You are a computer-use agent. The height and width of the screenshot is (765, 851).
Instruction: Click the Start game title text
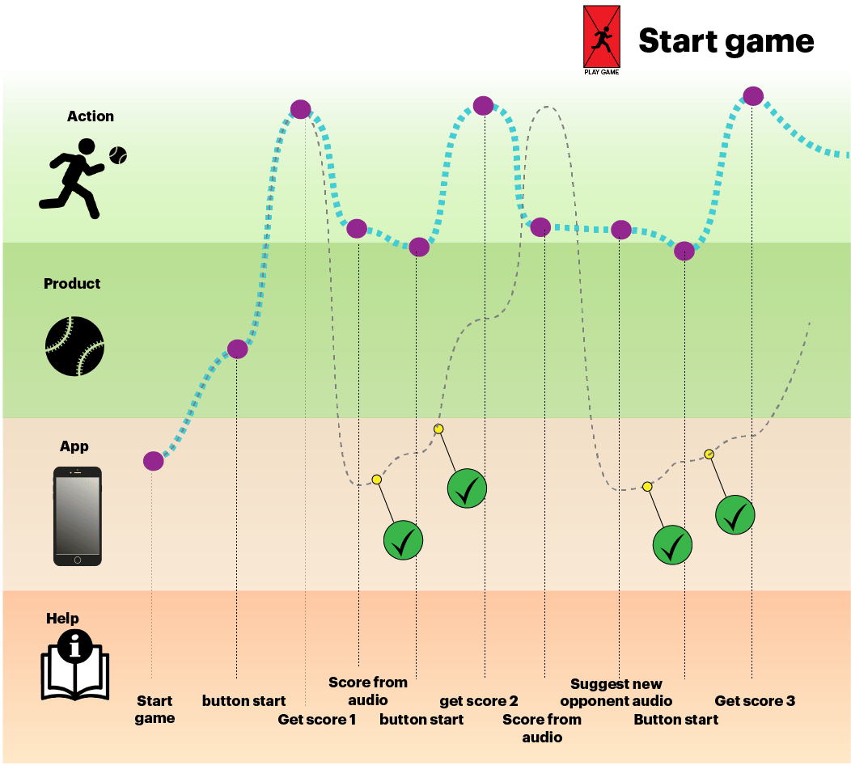[726, 40]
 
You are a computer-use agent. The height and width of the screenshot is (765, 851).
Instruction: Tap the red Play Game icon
[602, 37]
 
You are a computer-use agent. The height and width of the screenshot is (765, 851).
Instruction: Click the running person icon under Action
[72, 178]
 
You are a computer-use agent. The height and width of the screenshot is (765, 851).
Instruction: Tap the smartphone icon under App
[78, 516]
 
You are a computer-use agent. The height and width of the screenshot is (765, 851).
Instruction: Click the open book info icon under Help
[74, 661]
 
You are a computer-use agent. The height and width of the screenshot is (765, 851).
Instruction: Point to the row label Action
[91, 116]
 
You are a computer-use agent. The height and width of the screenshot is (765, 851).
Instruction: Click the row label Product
[72, 284]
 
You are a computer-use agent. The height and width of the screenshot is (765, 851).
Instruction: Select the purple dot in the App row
[153, 461]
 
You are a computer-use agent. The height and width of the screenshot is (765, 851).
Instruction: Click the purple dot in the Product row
[237, 349]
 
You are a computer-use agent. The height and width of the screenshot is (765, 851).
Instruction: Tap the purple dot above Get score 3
[753, 95]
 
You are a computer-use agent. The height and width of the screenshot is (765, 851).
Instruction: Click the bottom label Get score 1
[317, 720]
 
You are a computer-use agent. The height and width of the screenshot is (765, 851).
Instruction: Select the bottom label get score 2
[479, 701]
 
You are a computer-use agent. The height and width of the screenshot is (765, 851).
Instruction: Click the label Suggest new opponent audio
[616, 693]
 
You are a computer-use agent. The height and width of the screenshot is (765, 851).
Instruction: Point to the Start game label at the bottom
[155, 710]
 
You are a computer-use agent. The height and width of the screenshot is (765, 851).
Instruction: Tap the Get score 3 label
[755, 701]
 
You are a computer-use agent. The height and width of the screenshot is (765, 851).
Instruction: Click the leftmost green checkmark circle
[403, 540]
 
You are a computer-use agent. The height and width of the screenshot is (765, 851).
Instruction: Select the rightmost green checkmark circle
[735, 514]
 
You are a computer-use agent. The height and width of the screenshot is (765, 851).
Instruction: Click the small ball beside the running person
[118, 154]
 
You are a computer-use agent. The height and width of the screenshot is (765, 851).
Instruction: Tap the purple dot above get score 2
[483, 105]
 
